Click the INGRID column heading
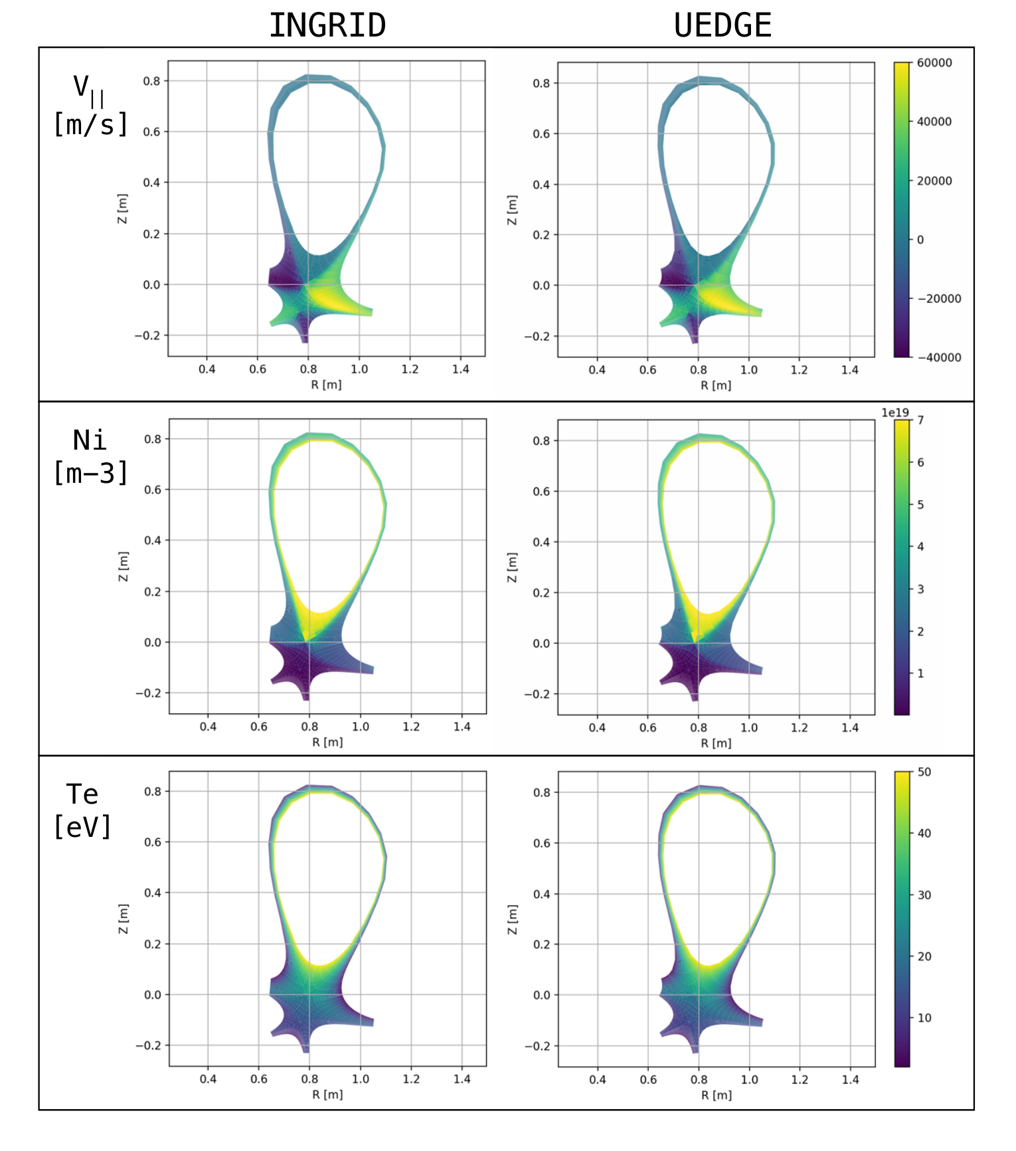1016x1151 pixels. point(327,26)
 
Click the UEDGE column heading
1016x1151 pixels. point(722,26)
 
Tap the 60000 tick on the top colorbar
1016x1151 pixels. point(934,62)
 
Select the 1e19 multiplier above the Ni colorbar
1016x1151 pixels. point(895,412)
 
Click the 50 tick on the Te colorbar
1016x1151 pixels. point(924,772)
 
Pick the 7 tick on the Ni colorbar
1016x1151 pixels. point(921,420)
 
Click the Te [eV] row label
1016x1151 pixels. point(82,811)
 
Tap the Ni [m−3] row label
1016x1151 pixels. point(90,457)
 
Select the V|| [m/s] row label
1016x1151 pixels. point(90,106)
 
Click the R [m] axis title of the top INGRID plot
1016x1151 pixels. point(326,385)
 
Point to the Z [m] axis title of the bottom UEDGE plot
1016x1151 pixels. point(512,919)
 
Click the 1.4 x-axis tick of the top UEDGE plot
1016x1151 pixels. point(850,370)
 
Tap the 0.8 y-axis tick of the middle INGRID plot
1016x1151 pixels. point(153,439)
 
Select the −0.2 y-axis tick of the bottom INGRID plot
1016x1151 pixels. point(148,1045)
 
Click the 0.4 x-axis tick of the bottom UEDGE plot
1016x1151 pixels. point(598,1080)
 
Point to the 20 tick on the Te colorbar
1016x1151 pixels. point(924,956)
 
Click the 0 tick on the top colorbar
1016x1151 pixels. point(920,240)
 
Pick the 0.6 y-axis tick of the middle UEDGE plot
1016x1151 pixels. point(542,491)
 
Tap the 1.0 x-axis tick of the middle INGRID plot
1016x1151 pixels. point(361,727)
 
